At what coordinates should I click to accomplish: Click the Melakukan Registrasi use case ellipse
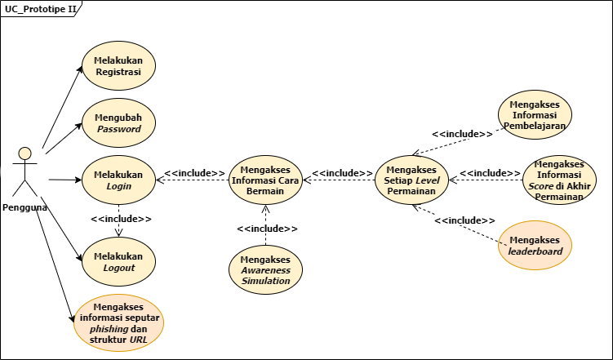pyautogui.click(x=118, y=66)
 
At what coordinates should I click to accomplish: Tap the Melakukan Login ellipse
pyautogui.click(x=118, y=180)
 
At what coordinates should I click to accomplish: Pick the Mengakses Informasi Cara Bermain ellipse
pyautogui.click(x=265, y=180)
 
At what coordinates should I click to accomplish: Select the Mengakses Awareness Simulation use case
pyautogui.click(x=265, y=269)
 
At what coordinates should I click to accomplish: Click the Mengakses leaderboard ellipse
pyautogui.click(x=535, y=245)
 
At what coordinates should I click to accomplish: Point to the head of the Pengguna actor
pyautogui.click(x=25, y=152)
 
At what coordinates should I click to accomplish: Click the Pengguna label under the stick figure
pyautogui.click(x=24, y=207)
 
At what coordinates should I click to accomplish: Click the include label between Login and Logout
pyautogui.click(x=121, y=219)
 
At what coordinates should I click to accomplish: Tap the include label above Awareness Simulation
pyautogui.click(x=268, y=229)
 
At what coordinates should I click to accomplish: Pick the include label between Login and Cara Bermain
pyautogui.click(x=194, y=173)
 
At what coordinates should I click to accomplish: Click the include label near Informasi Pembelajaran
pyautogui.click(x=462, y=134)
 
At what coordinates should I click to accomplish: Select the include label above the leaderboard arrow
pyautogui.click(x=464, y=220)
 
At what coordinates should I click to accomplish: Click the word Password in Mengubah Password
pyautogui.click(x=118, y=129)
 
